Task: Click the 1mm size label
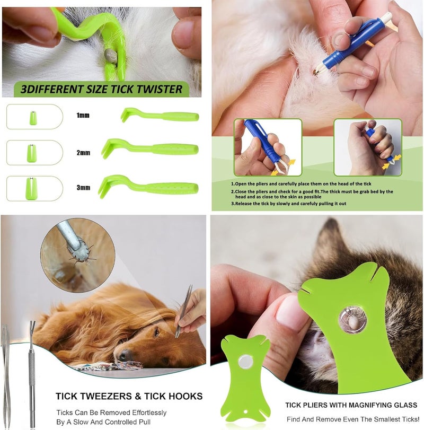(83, 115)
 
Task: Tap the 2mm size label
(83, 153)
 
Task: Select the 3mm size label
(83, 188)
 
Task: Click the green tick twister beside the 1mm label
(160, 116)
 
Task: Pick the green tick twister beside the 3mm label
(148, 187)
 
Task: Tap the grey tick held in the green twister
(111, 56)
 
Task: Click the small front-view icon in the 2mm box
(31, 153)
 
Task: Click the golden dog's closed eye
(156, 332)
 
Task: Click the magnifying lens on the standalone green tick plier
(245, 362)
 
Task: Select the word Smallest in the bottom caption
(385, 419)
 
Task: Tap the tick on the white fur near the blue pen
(316, 73)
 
